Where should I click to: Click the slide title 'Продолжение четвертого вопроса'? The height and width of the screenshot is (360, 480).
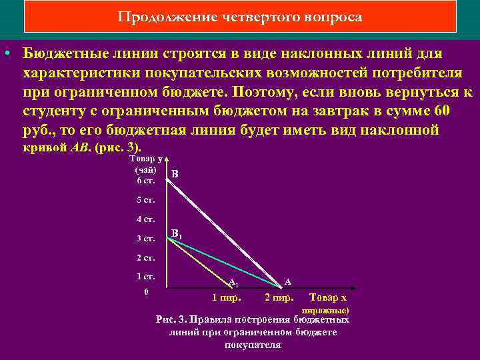[x=240, y=17]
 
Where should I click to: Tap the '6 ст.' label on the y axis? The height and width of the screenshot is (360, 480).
[x=146, y=180]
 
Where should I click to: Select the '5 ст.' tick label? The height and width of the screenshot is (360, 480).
[x=146, y=199]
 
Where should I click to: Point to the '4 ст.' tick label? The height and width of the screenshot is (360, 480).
[x=146, y=219]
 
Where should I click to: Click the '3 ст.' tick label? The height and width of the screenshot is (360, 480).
[x=146, y=238]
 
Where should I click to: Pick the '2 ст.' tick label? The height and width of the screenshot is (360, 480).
[x=146, y=257]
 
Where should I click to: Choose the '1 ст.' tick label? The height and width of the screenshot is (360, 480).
[x=146, y=276]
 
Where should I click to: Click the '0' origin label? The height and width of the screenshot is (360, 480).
[x=146, y=292]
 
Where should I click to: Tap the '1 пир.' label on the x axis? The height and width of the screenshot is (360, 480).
[x=226, y=297]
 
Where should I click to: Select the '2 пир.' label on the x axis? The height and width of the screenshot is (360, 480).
[x=279, y=297]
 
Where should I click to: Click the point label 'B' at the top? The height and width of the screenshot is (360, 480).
[x=175, y=175]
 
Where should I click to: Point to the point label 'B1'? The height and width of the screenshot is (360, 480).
[x=177, y=234]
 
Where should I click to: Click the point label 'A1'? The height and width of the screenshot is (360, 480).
[x=233, y=282]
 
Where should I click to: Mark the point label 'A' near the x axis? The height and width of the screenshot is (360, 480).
[x=287, y=281]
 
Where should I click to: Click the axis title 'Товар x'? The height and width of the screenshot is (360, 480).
[x=329, y=297]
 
